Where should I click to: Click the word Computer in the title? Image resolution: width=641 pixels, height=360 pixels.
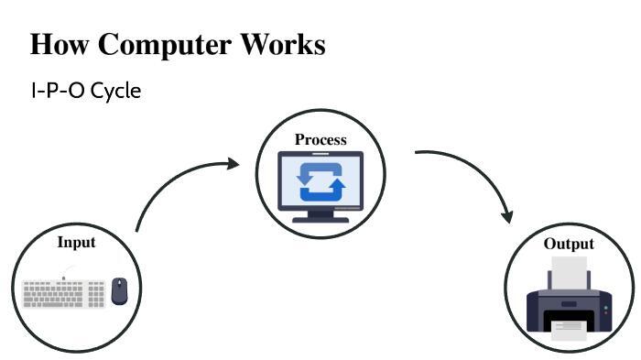pyautogui.click(x=164, y=44)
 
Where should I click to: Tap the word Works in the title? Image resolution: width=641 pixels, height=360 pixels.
pyautogui.click(x=283, y=43)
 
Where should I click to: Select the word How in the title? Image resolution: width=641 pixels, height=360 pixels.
pyautogui.click(x=60, y=43)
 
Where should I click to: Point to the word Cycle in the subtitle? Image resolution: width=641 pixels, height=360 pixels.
pyautogui.click(x=115, y=92)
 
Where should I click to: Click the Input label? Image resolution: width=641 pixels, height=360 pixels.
pyautogui.click(x=76, y=242)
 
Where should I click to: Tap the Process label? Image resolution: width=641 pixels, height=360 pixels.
pyautogui.click(x=320, y=139)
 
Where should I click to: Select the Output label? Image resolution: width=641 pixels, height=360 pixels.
pyautogui.click(x=569, y=244)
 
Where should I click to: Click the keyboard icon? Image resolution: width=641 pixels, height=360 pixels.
pyautogui.click(x=64, y=293)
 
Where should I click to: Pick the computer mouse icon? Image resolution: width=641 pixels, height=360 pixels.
pyautogui.click(x=119, y=291)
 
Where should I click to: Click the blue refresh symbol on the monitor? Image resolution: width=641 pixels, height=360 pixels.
pyautogui.click(x=320, y=182)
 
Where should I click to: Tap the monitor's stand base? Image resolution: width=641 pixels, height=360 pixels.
pyautogui.click(x=320, y=220)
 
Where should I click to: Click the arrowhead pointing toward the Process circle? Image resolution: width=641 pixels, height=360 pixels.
pyautogui.click(x=234, y=164)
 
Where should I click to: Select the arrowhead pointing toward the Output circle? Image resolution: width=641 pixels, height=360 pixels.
pyautogui.click(x=508, y=217)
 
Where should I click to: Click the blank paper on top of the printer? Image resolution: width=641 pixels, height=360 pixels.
pyautogui.click(x=569, y=273)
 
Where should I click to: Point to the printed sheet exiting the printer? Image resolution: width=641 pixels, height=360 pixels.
pyautogui.click(x=569, y=331)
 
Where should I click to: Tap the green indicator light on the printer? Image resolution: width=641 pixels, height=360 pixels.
pyautogui.click(x=606, y=308)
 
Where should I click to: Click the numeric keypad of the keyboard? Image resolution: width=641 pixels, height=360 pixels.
pyautogui.click(x=96, y=294)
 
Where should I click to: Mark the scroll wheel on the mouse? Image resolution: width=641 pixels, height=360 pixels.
pyautogui.click(x=119, y=283)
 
